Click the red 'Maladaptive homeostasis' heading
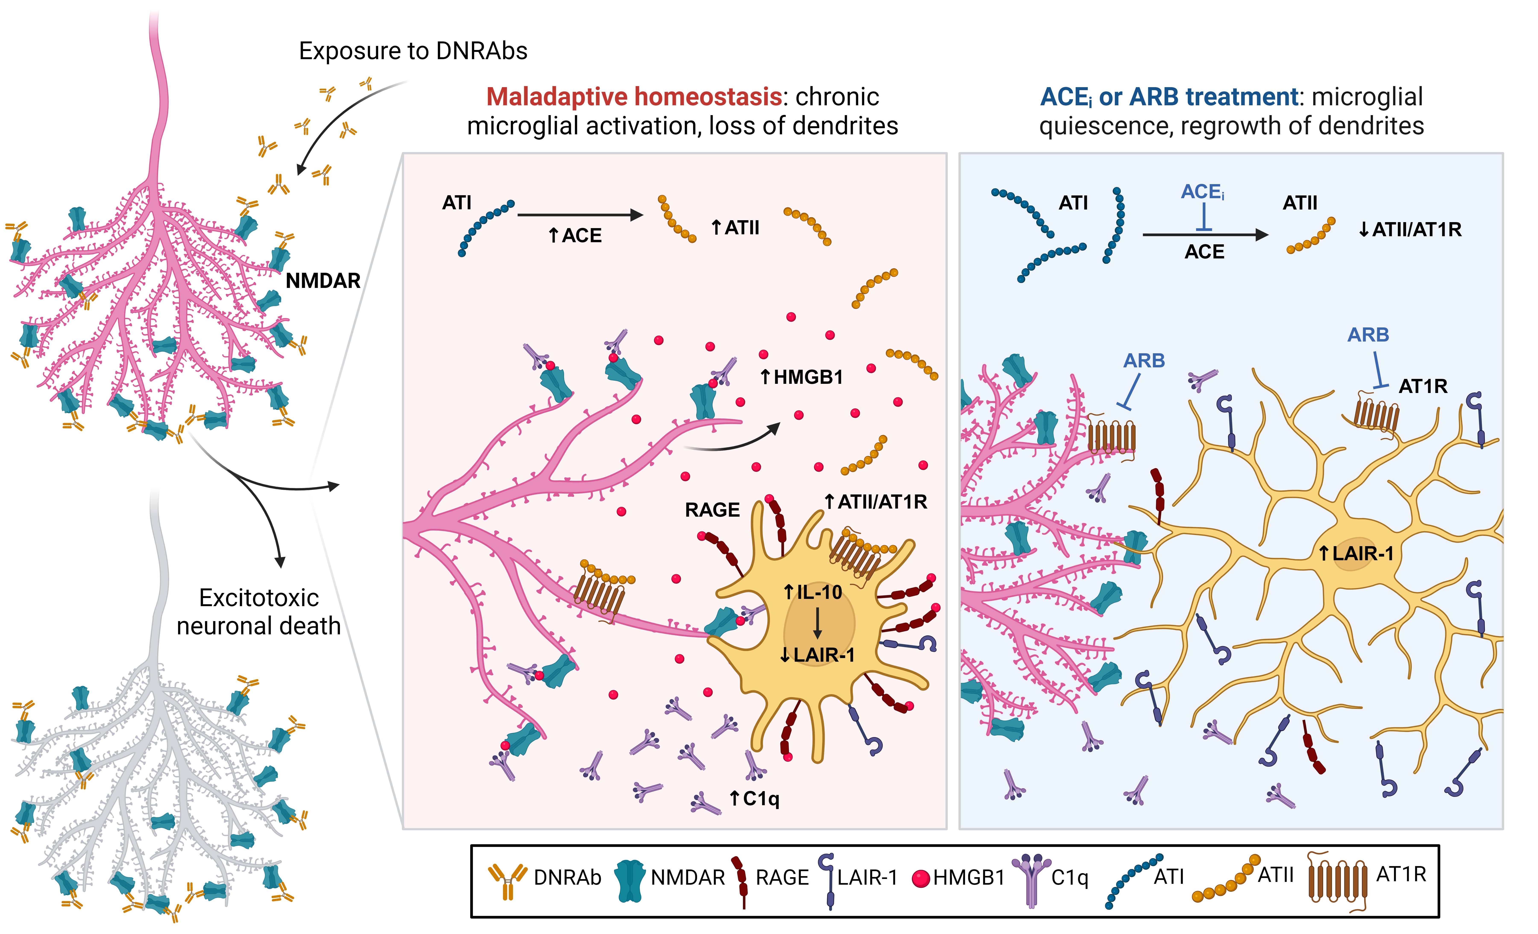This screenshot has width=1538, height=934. [634, 97]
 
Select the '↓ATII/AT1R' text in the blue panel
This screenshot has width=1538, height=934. [1409, 230]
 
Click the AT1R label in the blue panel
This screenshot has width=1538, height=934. [1422, 386]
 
